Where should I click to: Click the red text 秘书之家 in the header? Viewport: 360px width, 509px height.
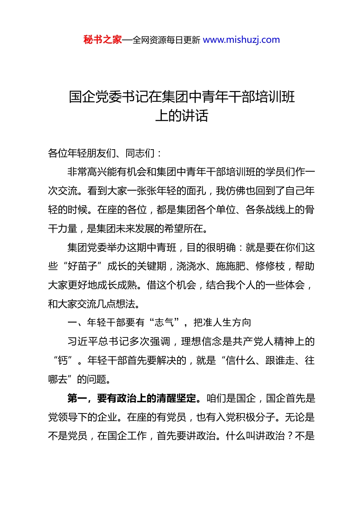(x=103, y=40)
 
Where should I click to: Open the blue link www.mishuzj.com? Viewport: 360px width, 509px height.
(x=241, y=40)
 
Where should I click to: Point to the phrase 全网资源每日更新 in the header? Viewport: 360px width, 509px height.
(x=166, y=40)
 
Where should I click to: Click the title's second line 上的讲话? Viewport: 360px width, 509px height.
(x=182, y=116)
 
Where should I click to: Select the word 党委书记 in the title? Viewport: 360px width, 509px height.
(x=114, y=97)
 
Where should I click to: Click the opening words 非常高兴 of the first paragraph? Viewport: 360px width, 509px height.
(x=87, y=172)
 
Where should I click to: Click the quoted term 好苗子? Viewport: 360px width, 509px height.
(x=83, y=266)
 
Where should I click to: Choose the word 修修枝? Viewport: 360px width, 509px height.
(x=270, y=266)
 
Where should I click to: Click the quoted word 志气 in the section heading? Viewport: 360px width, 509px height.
(x=164, y=323)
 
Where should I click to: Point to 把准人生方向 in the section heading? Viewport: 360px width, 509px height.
(x=222, y=323)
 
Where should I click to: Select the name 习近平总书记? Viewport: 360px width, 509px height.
(x=97, y=342)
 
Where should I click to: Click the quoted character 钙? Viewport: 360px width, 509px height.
(x=63, y=361)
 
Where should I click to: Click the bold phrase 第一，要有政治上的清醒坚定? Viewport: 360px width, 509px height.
(x=132, y=398)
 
